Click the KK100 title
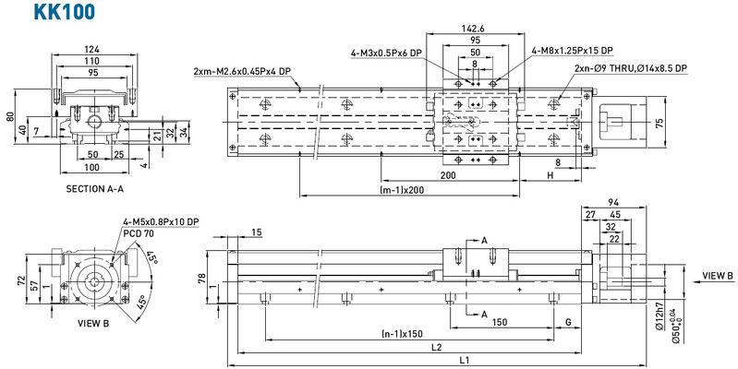(x=64, y=11)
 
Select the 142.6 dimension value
(x=473, y=29)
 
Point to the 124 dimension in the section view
(x=91, y=49)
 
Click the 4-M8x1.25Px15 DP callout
(x=572, y=51)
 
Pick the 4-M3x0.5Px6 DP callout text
(x=386, y=53)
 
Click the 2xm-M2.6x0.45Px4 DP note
(x=242, y=72)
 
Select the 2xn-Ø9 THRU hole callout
(x=630, y=68)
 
